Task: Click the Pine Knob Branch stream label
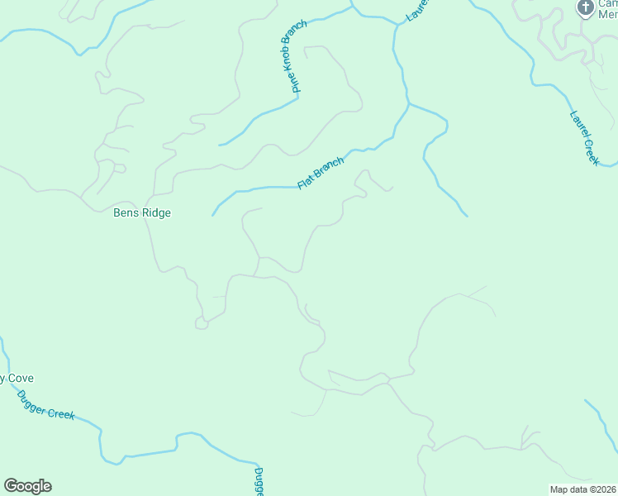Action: coord(293,57)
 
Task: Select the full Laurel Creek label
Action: coord(584,138)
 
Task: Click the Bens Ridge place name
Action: coord(142,212)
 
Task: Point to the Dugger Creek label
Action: coord(45,404)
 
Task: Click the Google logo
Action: coord(27,486)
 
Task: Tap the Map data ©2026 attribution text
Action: coord(583,489)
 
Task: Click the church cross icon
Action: coord(585,8)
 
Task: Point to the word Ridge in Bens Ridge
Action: coord(155,212)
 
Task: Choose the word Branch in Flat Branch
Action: coord(328,167)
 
